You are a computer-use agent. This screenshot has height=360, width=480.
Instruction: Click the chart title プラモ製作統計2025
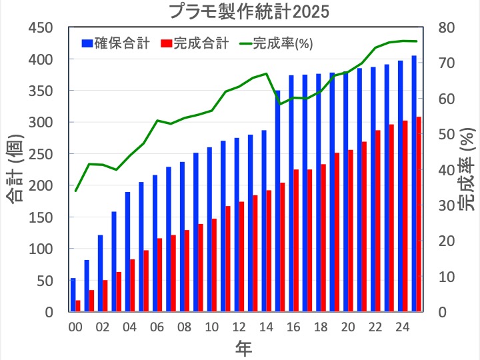[x=240, y=11]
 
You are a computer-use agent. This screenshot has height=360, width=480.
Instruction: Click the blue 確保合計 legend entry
[x=117, y=44]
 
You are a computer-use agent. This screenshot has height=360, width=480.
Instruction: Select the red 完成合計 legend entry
[x=195, y=44]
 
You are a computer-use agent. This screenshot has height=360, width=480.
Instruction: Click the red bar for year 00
[x=78, y=306]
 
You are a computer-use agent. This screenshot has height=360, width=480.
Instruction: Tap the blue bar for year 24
[x=400, y=186]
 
